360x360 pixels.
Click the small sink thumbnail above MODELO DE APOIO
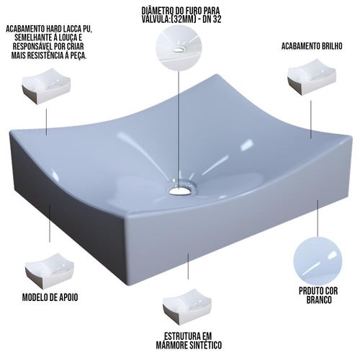pyautogui.click(x=50, y=270)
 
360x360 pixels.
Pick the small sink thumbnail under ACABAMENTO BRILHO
pyautogui.click(x=312, y=77)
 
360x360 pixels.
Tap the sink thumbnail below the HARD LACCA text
pyautogui.click(x=46, y=86)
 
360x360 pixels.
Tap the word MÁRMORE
pyautogui.click(x=169, y=345)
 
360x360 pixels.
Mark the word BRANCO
pyautogui.click(x=319, y=300)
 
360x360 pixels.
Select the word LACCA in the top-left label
pyautogui.click(x=70, y=29)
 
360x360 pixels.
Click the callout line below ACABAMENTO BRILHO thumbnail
pyautogui.click(x=311, y=120)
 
